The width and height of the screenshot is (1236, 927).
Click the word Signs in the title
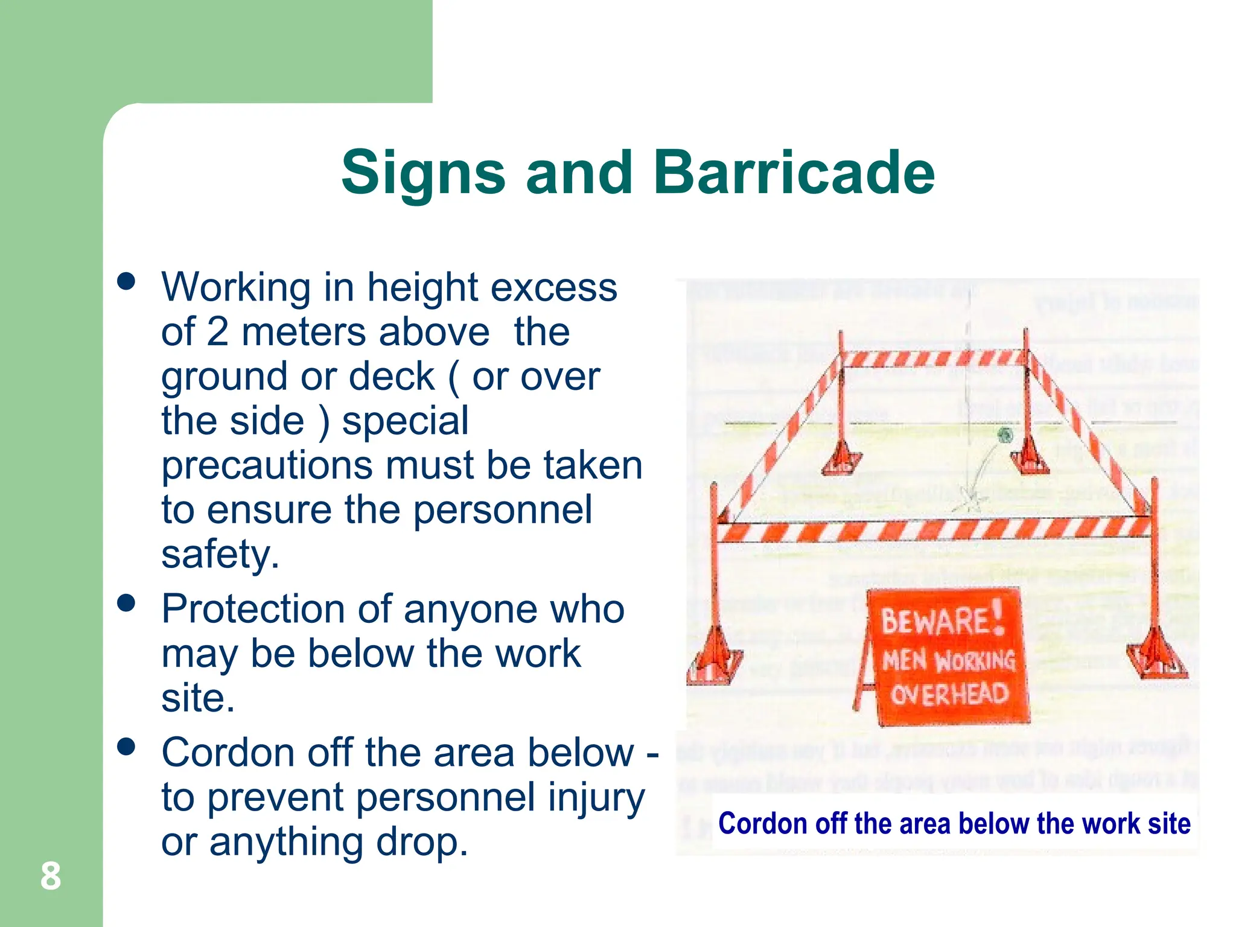tap(422, 174)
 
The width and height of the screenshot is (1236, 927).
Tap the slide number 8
tap(51, 876)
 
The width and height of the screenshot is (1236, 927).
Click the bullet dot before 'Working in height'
tap(126, 281)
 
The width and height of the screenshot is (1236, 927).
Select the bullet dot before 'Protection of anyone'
tap(126, 603)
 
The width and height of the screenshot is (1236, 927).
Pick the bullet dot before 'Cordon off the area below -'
tap(126, 747)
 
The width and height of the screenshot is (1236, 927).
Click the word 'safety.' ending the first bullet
tap(220, 554)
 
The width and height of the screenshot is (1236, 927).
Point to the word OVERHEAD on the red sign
tap(949, 695)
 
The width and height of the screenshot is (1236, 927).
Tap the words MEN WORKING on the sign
tap(948, 660)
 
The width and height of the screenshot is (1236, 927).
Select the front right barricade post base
tap(1156, 658)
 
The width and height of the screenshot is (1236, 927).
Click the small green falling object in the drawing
tap(1005, 435)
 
